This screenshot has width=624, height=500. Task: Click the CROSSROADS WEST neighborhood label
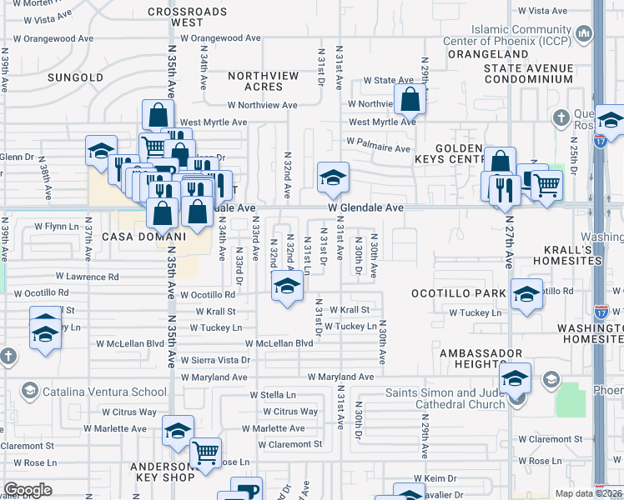[x=187, y=17]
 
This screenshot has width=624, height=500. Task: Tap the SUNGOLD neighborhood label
[x=76, y=77]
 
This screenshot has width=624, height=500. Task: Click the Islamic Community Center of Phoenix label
[x=521, y=33]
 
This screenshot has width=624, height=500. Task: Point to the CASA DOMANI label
[x=143, y=237]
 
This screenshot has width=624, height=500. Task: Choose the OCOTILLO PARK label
[x=458, y=293]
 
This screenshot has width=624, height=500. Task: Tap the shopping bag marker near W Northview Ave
[x=410, y=101]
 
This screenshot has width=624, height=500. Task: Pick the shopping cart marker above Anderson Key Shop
[x=205, y=453]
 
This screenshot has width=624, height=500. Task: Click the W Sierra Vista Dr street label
[x=215, y=360]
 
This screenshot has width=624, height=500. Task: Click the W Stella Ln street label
[x=273, y=395]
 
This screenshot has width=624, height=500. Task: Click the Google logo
[x=28, y=490]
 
